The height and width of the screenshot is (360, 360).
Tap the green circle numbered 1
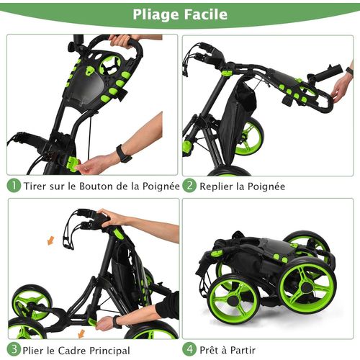(13, 186)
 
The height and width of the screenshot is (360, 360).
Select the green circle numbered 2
(189, 186)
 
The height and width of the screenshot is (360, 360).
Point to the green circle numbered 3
(13, 351)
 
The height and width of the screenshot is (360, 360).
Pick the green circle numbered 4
(189, 351)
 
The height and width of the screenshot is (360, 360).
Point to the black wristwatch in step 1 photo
(123, 153)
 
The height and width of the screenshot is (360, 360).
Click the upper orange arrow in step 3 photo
(50, 240)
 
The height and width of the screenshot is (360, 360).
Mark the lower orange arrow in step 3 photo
(81, 332)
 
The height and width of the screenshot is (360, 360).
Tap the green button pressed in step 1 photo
(73, 164)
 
